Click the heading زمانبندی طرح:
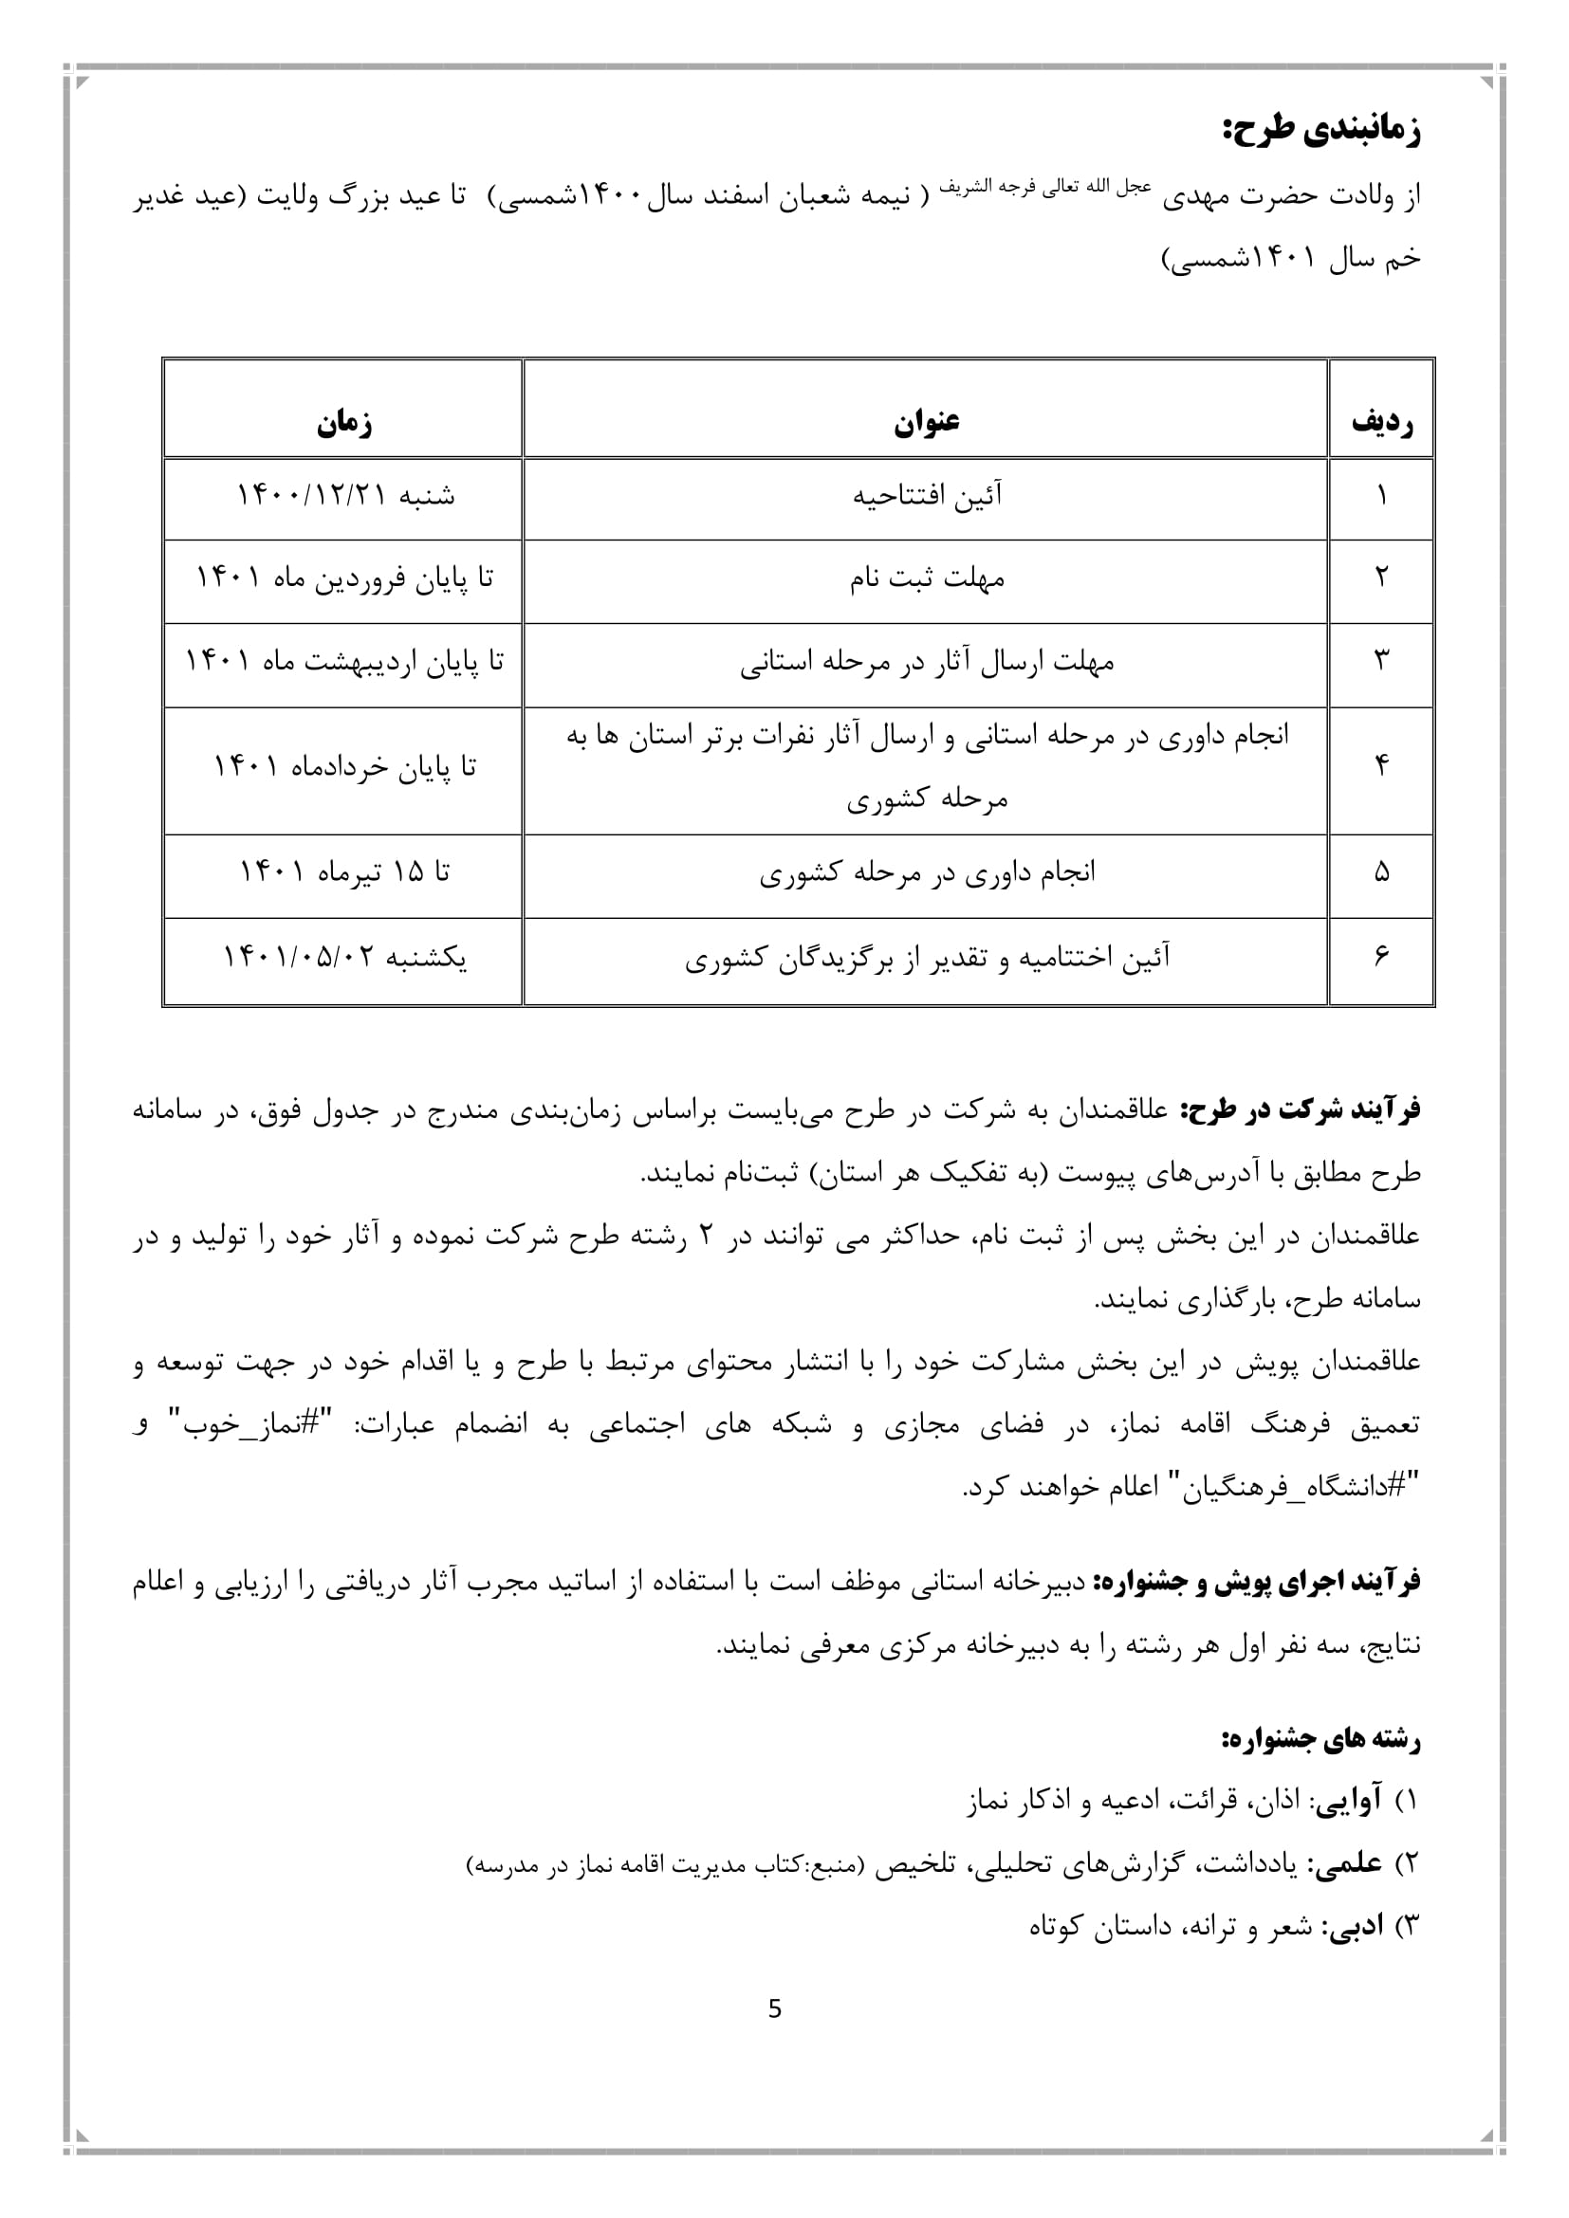click(x=1320, y=131)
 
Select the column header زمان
click(x=344, y=422)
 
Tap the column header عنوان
click(x=926, y=422)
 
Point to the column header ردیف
click(x=1381, y=422)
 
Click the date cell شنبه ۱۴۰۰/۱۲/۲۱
click(x=345, y=497)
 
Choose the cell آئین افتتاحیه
click(x=926, y=497)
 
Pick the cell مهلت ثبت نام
click(x=926, y=579)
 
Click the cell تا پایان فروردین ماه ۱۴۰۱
click(x=345, y=579)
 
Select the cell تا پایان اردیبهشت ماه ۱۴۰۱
click(x=345, y=663)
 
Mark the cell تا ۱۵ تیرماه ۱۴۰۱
click(x=345, y=873)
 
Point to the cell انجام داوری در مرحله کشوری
click(x=926, y=873)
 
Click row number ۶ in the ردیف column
click(x=1381, y=957)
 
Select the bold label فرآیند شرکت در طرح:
click(x=1300, y=1110)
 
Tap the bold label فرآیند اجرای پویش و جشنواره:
click(x=1256, y=1583)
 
